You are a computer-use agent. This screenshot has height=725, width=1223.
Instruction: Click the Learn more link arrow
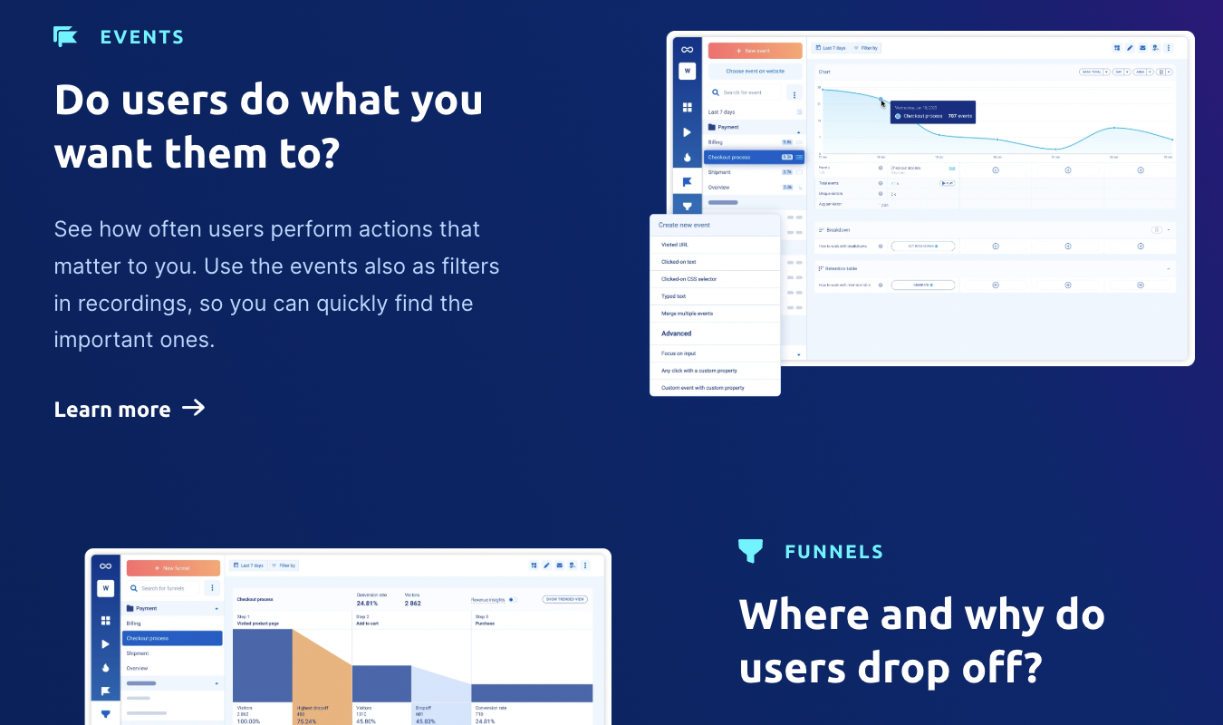point(193,408)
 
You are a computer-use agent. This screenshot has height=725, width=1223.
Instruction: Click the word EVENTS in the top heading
point(142,37)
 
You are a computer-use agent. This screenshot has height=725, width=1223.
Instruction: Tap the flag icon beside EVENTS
point(65,36)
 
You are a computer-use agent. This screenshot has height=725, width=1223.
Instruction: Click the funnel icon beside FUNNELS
point(750,550)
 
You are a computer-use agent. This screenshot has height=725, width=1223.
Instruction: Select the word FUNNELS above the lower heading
point(833,551)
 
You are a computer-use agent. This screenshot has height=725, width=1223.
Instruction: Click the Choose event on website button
point(755,71)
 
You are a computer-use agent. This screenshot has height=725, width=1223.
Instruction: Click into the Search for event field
point(746,92)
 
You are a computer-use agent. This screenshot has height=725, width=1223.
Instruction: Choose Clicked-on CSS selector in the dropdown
point(689,279)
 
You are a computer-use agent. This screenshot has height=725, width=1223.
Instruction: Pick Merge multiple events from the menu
point(687,314)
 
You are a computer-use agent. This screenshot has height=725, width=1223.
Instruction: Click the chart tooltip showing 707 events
point(933,111)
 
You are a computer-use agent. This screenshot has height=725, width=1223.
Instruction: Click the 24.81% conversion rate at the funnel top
point(367,603)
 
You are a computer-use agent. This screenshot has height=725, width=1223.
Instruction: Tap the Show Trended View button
point(564,599)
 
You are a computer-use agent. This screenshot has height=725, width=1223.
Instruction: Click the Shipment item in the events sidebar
point(719,172)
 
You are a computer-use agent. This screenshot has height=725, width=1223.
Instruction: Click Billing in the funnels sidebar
point(134,623)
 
